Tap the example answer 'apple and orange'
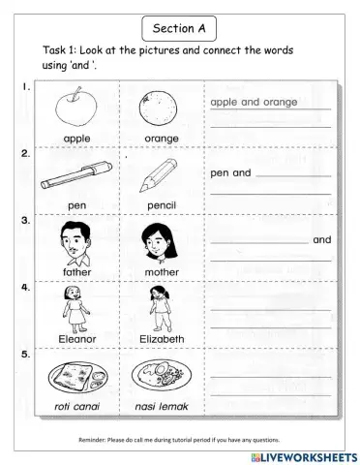[248, 101]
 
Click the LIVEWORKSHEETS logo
[302, 454]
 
